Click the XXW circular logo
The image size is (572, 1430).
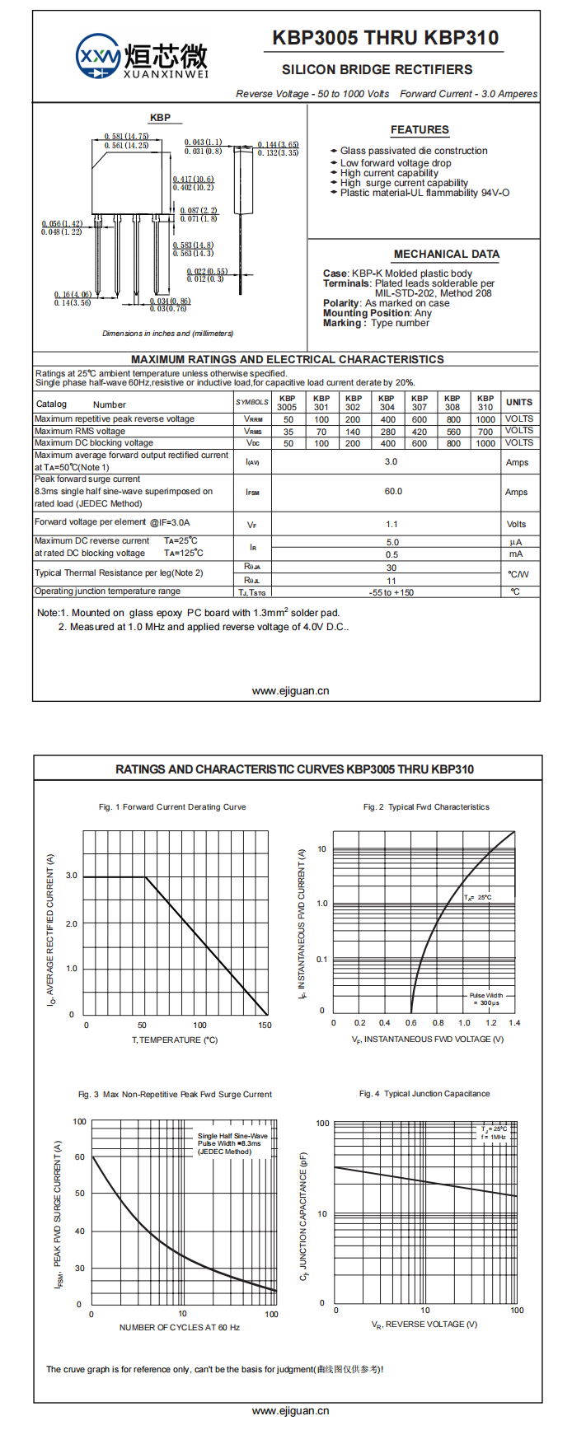coord(98,56)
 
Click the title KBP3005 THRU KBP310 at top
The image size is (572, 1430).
coord(385,38)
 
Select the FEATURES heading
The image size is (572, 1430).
coord(420,130)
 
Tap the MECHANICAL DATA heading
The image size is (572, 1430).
coord(446,255)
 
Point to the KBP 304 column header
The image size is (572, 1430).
coord(387,402)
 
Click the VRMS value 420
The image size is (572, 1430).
coord(420,432)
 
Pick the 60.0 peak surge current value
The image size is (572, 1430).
coord(393,492)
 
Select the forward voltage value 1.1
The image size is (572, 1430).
coord(391,525)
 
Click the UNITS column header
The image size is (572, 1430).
coord(519,402)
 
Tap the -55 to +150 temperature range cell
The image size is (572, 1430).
coord(391,592)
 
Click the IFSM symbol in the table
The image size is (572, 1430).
coord(252,493)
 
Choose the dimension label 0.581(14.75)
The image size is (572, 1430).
coord(126,137)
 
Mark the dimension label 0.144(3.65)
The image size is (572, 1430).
coord(278,145)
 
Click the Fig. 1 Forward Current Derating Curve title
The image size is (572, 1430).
coord(172,807)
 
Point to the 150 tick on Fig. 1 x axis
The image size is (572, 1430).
coord(265,1026)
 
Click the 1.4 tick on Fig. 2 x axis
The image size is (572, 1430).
coord(514,1023)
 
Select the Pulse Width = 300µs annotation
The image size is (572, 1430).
coord(486,999)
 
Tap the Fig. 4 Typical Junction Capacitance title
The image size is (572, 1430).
coord(424,1094)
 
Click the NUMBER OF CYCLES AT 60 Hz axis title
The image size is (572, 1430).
coord(180,1327)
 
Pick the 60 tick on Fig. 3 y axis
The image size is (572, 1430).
coord(80,1157)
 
